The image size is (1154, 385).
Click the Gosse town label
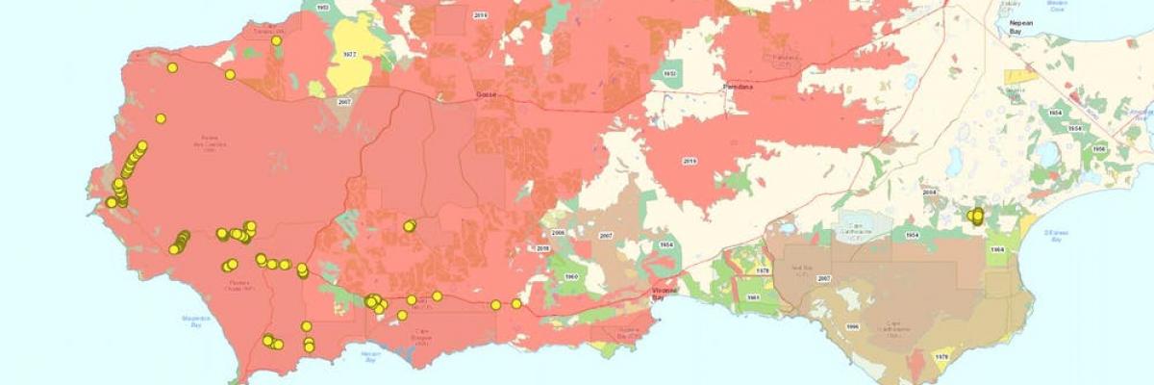487,95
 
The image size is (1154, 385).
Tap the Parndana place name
740,88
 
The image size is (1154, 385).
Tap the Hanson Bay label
371,355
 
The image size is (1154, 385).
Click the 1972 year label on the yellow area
350,56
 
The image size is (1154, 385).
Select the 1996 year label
852,326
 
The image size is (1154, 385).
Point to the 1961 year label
753,297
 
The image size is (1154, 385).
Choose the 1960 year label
570,276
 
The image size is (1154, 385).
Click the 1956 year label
1099,148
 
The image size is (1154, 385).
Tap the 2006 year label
557,234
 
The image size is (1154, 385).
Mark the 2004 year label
929,192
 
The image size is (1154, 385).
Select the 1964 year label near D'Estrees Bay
997,249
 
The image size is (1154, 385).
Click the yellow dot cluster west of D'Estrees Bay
976,217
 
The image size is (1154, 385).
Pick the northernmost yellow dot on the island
277,40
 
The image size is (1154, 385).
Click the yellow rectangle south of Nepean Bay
1021,75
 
